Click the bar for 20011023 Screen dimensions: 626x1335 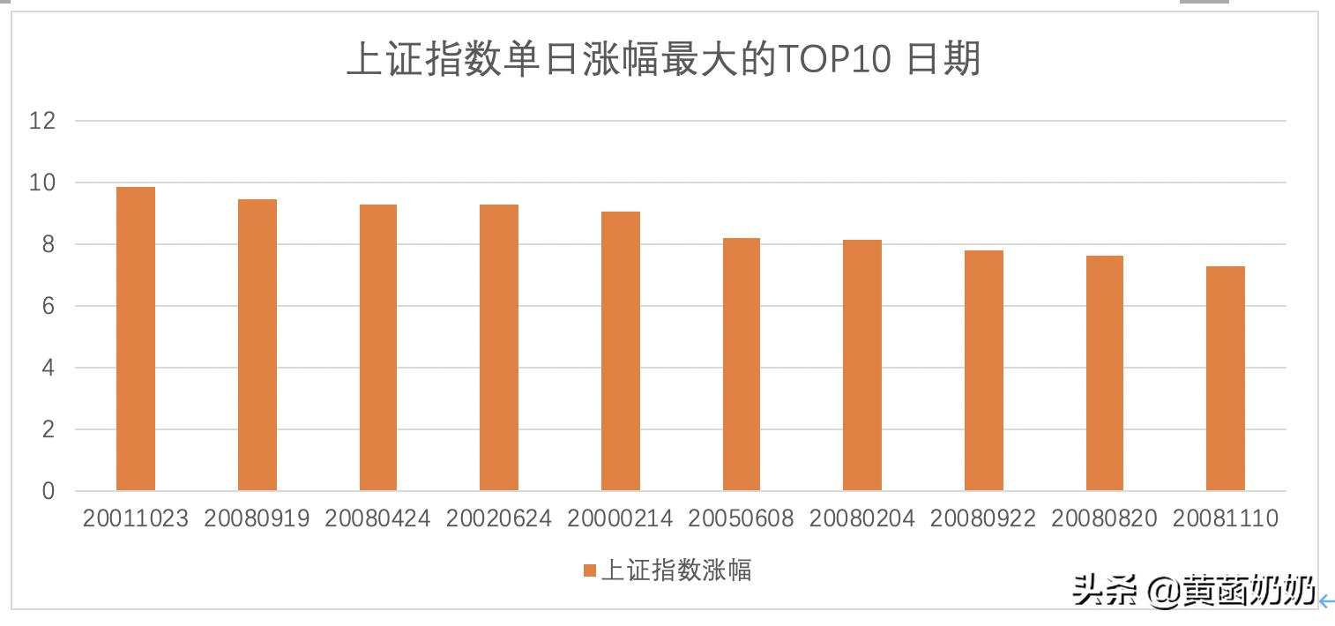click(136, 339)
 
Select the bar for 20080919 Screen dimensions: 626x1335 click(257, 345)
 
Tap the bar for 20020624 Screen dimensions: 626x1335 click(499, 347)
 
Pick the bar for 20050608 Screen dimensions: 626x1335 click(742, 364)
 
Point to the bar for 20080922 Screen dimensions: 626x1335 click(983, 370)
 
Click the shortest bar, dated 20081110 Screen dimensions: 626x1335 click(1226, 378)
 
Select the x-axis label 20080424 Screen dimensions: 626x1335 click(377, 518)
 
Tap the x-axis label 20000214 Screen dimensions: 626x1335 click(620, 518)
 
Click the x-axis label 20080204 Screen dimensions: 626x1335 click(862, 518)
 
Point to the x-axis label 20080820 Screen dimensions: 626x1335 click(1104, 518)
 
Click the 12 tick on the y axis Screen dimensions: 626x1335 click(42, 121)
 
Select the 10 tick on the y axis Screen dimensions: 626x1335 click(42, 183)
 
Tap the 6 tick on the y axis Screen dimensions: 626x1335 click(48, 306)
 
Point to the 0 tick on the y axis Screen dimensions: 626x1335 click(48, 491)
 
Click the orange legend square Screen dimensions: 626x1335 click(590, 570)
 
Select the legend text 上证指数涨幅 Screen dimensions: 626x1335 click(675, 570)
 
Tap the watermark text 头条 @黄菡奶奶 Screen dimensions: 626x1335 click(1193, 590)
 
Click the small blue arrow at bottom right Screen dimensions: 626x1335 click(1326, 602)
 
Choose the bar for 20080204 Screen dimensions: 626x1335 click(862, 365)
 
